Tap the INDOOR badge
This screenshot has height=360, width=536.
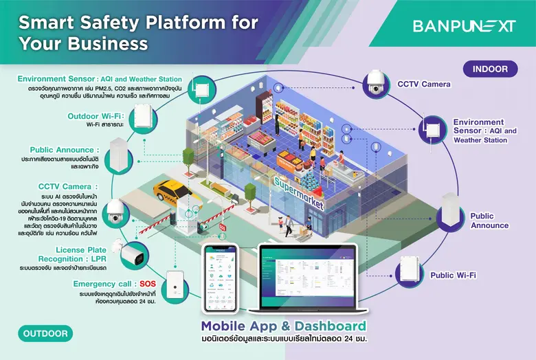pyautogui.click(x=490, y=69)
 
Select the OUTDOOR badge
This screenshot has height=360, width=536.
pyautogui.click(x=45, y=334)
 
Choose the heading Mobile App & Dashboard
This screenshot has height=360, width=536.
pyautogui.click(x=284, y=325)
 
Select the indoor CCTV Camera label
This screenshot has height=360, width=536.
pyautogui.click(x=424, y=85)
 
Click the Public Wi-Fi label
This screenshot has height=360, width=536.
pyautogui.click(x=454, y=275)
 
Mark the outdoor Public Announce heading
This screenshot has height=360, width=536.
pyautogui.click(x=65, y=150)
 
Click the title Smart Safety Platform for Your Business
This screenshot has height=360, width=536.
pyautogui.click(x=138, y=33)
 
